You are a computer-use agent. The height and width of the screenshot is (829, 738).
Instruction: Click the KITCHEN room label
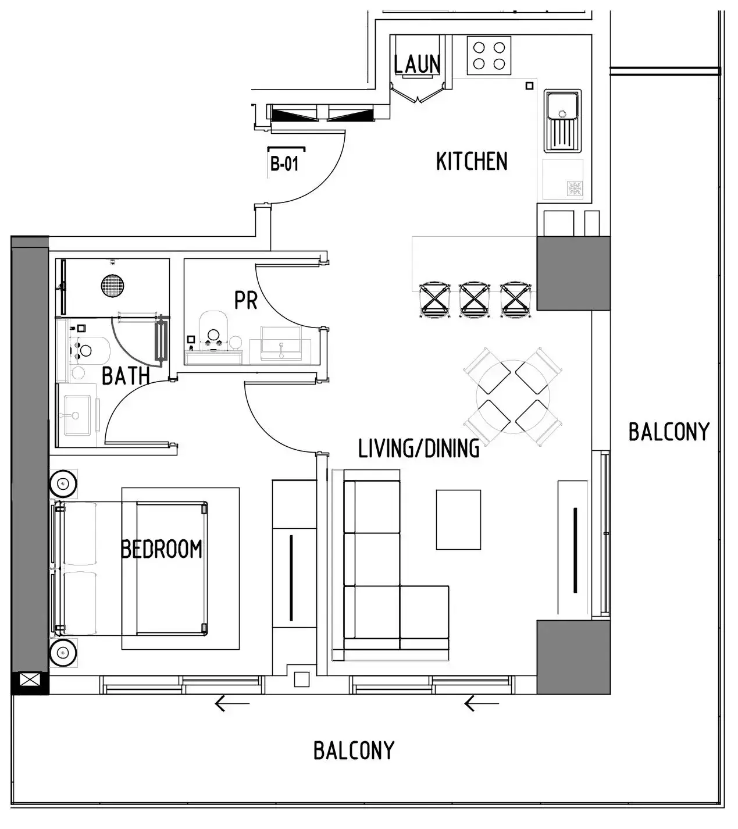(472, 161)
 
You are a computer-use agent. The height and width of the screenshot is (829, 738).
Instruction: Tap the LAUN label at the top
(416, 64)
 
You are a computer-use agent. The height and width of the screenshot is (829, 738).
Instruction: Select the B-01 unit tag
(284, 164)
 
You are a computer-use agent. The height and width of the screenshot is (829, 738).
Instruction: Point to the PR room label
(245, 301)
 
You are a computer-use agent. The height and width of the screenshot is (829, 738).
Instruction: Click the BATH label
(126, 376)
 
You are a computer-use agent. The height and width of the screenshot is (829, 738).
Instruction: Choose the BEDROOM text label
(161, 549)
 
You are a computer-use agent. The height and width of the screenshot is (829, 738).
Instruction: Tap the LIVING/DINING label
(419, 449)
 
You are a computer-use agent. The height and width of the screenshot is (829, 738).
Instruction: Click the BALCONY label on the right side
(669, 432)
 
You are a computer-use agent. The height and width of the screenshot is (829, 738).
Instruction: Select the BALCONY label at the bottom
(354, 750)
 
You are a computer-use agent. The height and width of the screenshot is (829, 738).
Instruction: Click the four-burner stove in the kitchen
(489, 55)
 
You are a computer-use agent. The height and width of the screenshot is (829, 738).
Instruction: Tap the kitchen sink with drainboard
(562, 120)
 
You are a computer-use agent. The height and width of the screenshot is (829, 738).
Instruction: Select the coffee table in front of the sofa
(458, 520)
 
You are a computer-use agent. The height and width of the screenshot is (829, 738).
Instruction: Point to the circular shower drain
(112, 286)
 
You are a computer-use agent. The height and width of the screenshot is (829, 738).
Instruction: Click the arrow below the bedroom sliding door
(231, 704)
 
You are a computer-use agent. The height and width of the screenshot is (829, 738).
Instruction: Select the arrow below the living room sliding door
(481, 704)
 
